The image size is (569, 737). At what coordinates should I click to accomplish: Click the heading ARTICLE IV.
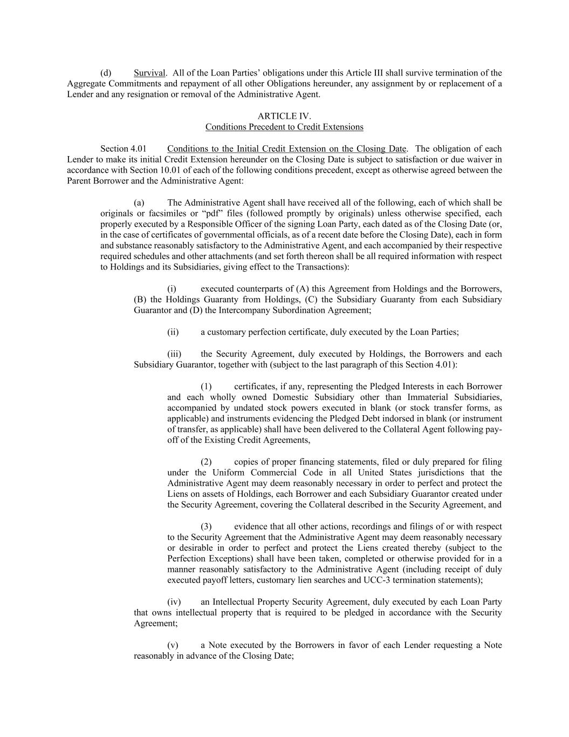coord(284,116)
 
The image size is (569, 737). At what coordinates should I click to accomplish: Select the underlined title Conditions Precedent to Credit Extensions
coord(284,127)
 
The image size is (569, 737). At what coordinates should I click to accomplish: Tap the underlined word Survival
coord(149,73)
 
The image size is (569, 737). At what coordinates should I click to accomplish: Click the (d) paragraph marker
coord(106,73)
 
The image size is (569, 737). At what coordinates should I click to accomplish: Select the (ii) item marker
coord(173,332)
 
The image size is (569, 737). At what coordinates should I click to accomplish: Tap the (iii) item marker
coord(174,354)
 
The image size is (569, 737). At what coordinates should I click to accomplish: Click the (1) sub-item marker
coord(206,387)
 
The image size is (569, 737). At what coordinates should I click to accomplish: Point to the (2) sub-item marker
coord(206,462)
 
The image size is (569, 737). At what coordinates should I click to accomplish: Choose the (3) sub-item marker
coord(206,526)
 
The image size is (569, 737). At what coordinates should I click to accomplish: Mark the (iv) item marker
coord(174,602)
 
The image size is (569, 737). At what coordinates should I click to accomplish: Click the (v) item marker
coord(173,645)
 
